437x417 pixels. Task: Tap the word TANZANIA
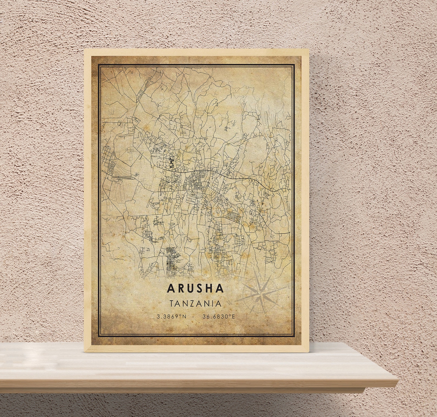point(195,303)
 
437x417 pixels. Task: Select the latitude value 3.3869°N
point(171,317)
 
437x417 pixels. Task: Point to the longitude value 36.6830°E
point(219,317)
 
